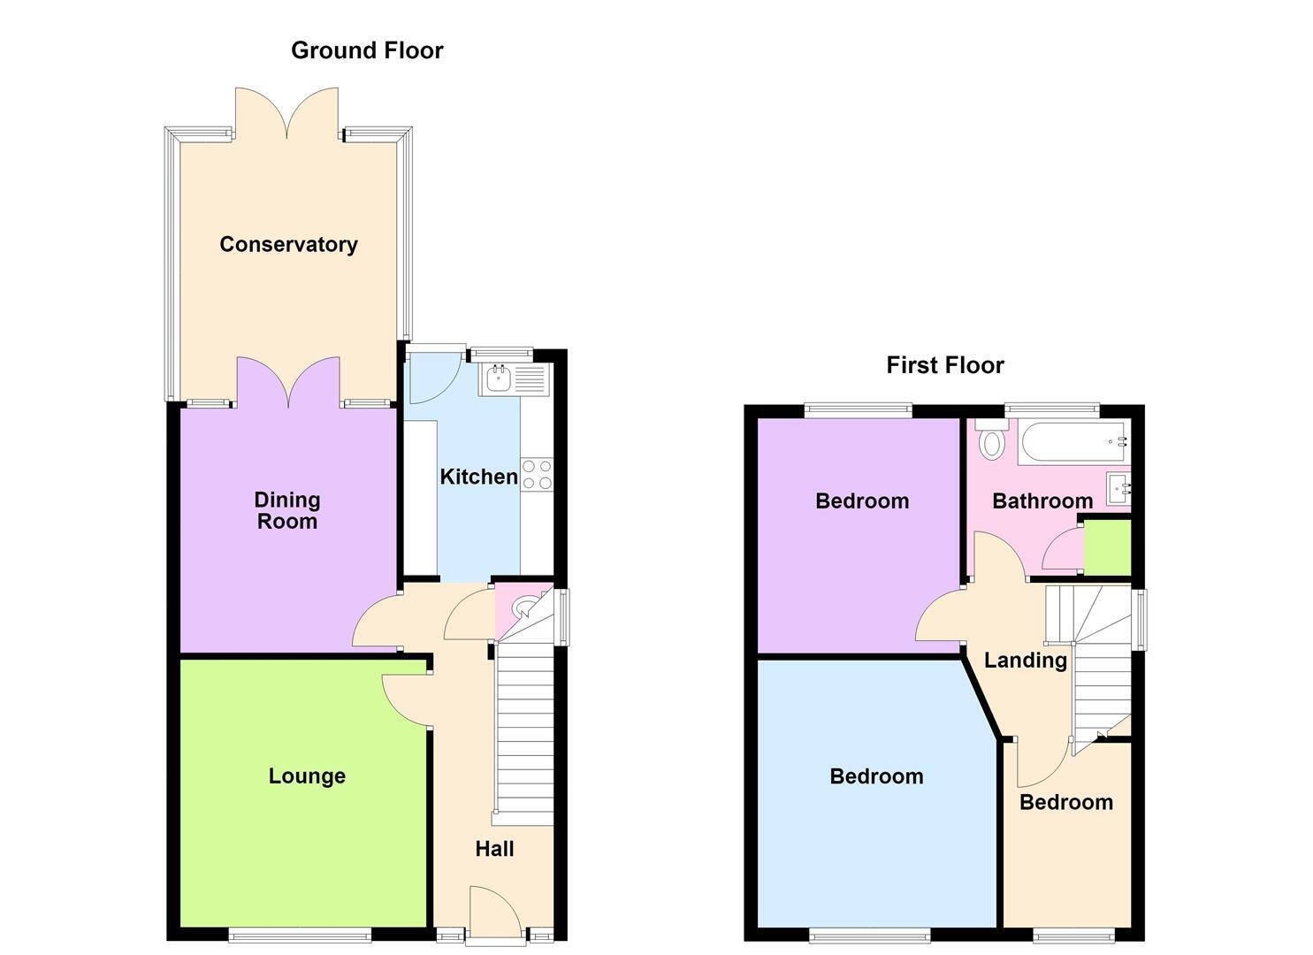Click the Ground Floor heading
point(367,51)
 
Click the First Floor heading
point(945,365)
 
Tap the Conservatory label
point(288,244)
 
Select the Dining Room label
point(287,510)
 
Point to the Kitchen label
point(479,477)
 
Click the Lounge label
point(307,775)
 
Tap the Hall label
point(495,849)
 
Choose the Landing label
point(1025,661)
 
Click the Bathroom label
point(1042,500)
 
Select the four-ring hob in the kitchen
point(537,475)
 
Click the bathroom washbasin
point(1118,489)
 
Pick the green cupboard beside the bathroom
point(1107,546)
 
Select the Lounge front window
point(300,936)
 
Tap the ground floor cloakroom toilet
point(519,608)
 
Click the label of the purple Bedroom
point(862,500)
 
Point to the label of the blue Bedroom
point(876,776)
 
